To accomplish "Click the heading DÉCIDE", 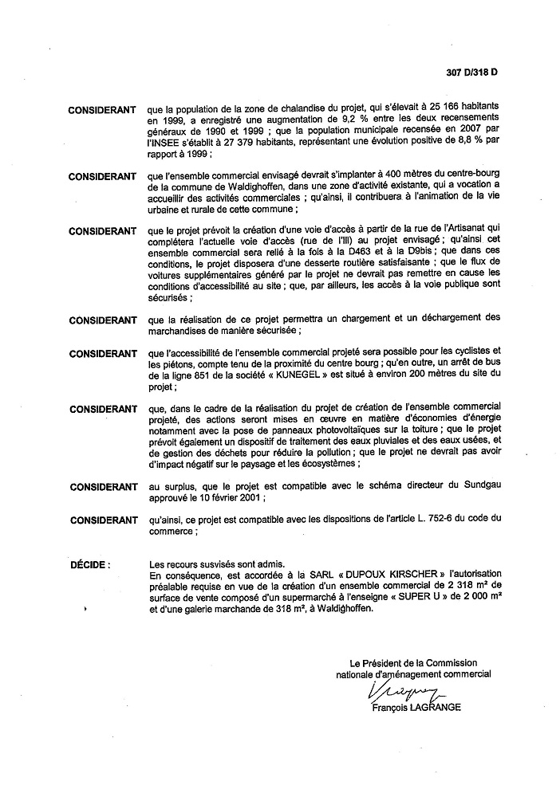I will point(89,564).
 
